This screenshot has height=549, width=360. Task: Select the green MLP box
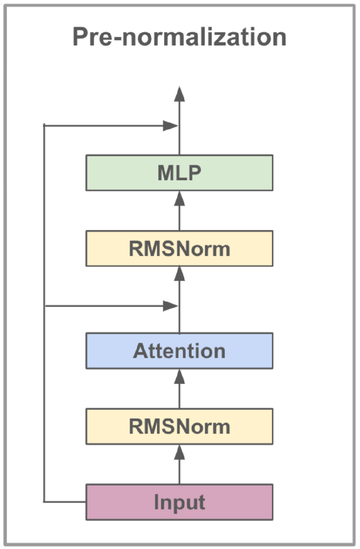coord(180,173)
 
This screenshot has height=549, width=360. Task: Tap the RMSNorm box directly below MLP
coord(180,249)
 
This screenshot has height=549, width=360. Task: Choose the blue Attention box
coord(180,351)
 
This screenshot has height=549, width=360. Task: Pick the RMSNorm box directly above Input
coord(180,426)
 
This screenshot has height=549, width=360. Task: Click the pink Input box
coord(180,502)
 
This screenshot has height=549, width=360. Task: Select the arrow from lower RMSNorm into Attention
coord(180,389)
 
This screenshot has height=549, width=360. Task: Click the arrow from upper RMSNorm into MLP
coord(180,211)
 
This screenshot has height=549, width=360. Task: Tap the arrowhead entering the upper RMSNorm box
coord(180,274)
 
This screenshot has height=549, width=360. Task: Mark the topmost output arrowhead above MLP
coord(180,94)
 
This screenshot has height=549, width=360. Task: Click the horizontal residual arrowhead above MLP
coord(170,125)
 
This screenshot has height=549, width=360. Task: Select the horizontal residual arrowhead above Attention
coord(170,306)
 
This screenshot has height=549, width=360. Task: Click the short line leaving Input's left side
coord(65,502)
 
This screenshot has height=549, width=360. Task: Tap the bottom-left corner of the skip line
coord(44,502)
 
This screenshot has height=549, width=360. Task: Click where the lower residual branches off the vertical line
coord(44,306)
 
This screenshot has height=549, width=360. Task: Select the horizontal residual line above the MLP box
coord(105,125)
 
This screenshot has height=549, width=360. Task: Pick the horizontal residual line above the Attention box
coord(105,306)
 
